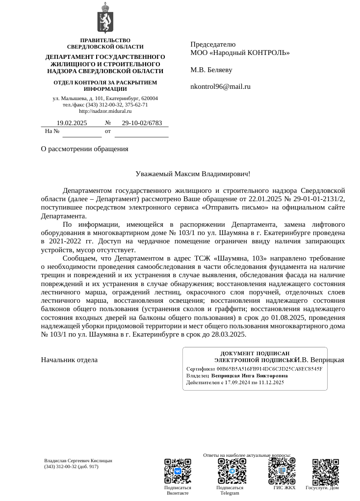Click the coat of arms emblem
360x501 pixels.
point(105,18)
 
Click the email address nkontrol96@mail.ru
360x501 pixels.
point(220,87)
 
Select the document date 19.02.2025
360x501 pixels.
point(72,123)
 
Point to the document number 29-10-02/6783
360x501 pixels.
point(142,123)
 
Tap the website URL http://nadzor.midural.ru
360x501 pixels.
point(105,111)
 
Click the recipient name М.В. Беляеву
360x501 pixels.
point(211,70)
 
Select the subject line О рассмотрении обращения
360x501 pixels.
point(84,149)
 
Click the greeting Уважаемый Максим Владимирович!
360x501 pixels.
point(193,174)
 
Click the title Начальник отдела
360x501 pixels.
point(69,360)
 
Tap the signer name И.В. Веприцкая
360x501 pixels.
point(320,360)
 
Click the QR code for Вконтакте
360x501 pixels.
point(178,471)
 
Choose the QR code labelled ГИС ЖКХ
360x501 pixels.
point(282,471)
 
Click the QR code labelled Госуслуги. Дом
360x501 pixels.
point(326,471)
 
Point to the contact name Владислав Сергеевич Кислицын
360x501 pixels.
point(78,461)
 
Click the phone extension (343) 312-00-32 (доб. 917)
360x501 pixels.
point(72,467)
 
